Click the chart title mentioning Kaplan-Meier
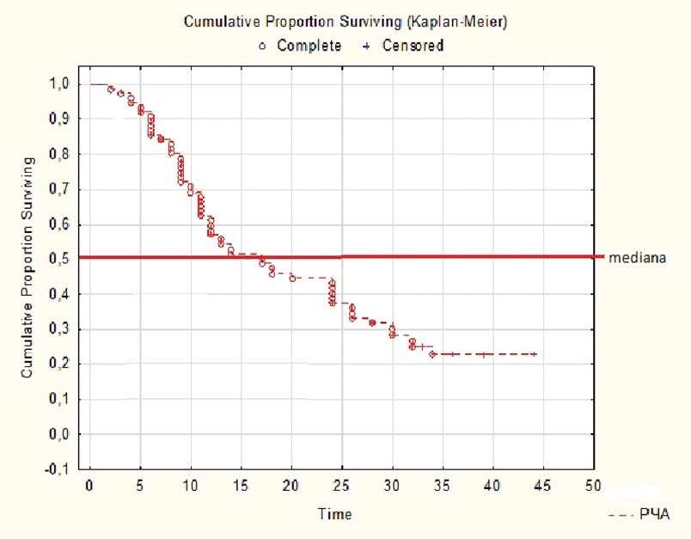coord(345,23)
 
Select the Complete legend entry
coord(302,46)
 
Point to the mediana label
coord(634,257)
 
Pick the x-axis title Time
coord(334,514)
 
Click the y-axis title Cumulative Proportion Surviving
coord(28,267)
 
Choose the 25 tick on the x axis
coord(342,486)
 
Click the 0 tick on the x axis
coord(89,486)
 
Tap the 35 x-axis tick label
coord(443,486)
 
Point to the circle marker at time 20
coord(292,279)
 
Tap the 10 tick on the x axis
coord(191,486)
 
